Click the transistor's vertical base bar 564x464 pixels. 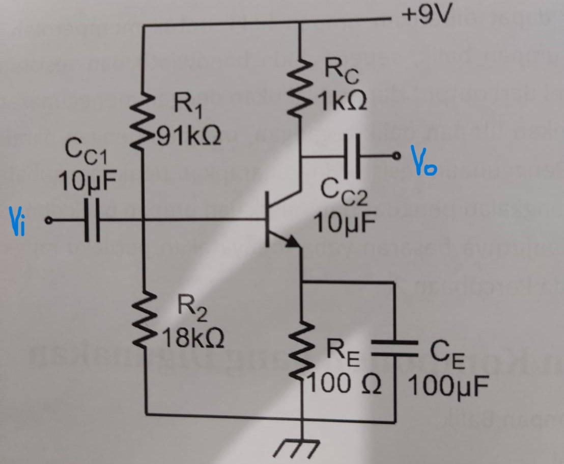(x=267, y=220)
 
